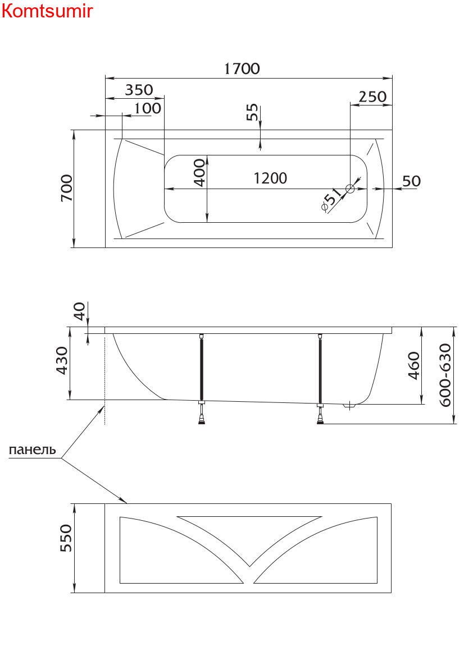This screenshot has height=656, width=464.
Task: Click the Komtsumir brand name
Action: tap(47, 11)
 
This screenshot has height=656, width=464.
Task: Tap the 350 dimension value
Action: tap(139, 90)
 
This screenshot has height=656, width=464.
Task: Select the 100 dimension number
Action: tap(148, 108)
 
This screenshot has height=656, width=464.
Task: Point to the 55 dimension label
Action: tap(253, 112)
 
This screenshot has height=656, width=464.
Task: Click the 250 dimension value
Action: tap(372, 97)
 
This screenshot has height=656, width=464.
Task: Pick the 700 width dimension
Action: tap(66, 189)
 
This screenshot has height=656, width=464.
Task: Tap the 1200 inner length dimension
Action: tap(270, 178)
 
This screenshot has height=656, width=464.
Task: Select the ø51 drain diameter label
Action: tap(331, 199)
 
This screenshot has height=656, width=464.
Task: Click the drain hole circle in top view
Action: tap(351, 189)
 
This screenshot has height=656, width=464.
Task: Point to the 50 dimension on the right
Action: tap(411, 181)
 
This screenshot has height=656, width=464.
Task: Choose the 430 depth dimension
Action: tap(62, 361)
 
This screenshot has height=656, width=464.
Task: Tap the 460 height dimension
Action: tap(413, 365)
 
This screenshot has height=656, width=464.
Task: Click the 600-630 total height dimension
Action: tap(444, 375)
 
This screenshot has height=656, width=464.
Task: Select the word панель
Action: tap(32, 449)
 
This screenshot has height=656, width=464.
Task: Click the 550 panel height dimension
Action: tap(66, 539)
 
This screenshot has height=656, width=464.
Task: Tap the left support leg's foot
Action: tap(202, 422)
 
